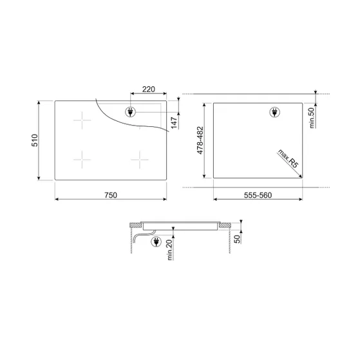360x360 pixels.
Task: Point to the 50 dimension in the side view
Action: [x=238, y=239]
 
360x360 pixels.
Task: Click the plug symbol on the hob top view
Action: [x=130, y=112]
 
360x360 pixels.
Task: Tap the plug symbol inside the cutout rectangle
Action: [x=275, y=112]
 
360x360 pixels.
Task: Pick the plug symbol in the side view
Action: [x=155, y=242]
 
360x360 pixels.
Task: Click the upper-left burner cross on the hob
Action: [x=84, y=120]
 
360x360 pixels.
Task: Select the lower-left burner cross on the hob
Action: [x=84, y=158]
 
